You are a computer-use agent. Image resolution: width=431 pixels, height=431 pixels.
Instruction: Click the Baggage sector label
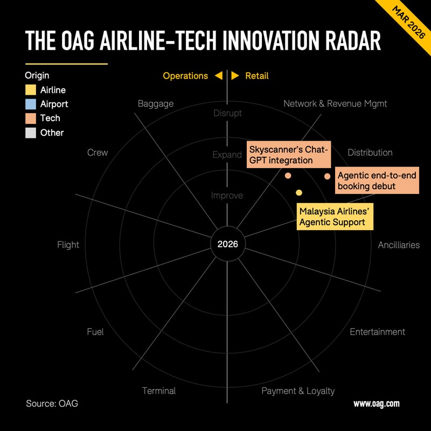pyautogui.click(x=156, y=103)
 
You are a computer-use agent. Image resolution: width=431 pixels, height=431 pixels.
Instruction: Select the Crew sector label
pyautogui.click(x=98, y=152)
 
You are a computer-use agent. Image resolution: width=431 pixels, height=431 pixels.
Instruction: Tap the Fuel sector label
pyautogui.click(x=95, y=332)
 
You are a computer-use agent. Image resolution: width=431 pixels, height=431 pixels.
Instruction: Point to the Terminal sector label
pyautogui.click(x=159, y=391)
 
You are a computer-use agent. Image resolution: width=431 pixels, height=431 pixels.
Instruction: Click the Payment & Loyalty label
pyautogui.click(x=298, y=391)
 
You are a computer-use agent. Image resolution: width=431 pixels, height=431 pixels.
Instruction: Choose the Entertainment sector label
pyautogui.click(x=377, y=332)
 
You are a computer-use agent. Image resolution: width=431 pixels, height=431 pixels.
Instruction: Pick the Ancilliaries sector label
pyautogui.click(x=399, y=245)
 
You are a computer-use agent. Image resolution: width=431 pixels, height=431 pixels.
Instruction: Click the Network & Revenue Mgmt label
pyautogui.click(x=335, y=103)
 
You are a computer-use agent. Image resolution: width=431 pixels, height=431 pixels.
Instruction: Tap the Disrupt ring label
pyautogui.click(x=227, y=113)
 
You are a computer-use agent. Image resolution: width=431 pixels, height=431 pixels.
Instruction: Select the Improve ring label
pyautogui.click(x=227, y=196)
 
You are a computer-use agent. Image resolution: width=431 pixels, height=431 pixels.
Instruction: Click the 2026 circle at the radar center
pyautogui.click(x=227, y=245)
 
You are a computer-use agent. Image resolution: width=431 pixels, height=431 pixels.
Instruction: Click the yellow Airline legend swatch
pyautogui.click(x=31, y=90)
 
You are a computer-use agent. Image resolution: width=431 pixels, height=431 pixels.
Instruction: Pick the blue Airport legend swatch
pyautogui.click(x=31, y=104)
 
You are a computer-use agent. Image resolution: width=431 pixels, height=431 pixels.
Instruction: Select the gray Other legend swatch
pyautogui.click(x=31, y=133)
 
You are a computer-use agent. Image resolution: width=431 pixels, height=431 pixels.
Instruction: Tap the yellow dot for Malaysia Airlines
pyautogui.click(x=299, y=192)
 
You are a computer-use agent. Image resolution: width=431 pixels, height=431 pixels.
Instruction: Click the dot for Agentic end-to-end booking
pyautogui.click(x=327, y=176)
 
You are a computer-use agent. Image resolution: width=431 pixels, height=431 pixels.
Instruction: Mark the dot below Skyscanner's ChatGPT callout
pyautogui.click(x=288, y=176)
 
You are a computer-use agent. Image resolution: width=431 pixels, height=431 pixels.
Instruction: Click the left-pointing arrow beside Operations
pyautogui.click(x=218, y=76)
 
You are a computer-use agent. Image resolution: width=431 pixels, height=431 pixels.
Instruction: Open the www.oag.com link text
pyautogui.click(x=376, y=404)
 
